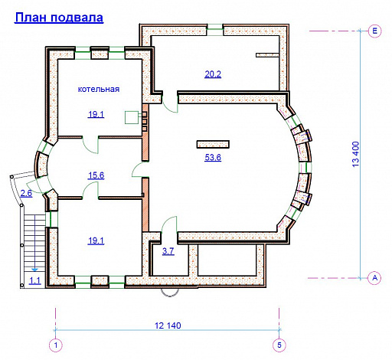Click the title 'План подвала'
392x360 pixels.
[59, 18]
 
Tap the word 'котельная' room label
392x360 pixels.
[99, 89]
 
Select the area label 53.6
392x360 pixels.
[213, 157]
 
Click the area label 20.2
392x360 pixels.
[213, 74]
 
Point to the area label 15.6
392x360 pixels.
[96, 175]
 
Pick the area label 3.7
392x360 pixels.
[168, 251]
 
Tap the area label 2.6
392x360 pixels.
[26, 193]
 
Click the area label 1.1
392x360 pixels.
[35, 281]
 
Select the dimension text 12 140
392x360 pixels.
[168, 326]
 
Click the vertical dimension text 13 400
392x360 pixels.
[355, 155]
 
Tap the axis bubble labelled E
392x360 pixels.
[375, 31]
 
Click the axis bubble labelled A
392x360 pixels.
[374, 277]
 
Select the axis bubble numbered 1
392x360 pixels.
[56, 345]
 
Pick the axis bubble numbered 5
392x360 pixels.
[279, 345]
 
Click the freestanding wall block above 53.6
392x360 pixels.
[213, 144]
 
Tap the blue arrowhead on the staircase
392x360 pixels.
[34, 270]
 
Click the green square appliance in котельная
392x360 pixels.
[132, 117]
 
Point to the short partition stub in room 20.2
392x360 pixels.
[268, 55]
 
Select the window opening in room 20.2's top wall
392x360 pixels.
[215, 29]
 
